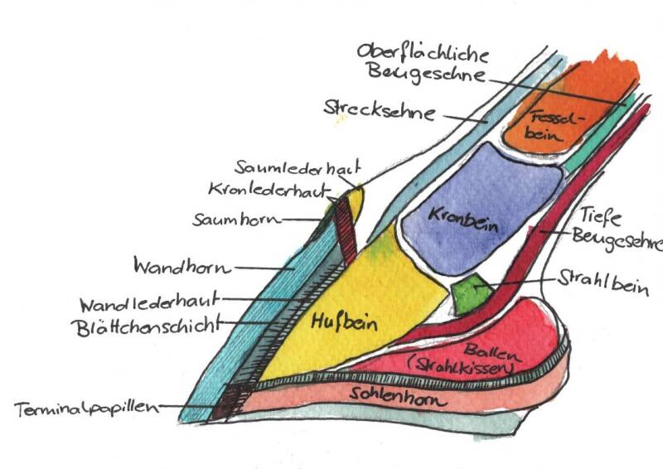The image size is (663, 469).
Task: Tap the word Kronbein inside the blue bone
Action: [456, 214]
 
